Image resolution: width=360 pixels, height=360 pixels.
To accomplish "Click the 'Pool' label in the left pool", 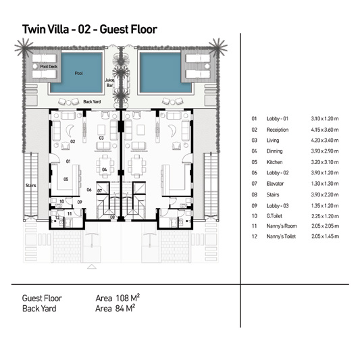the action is (x=78, y=73).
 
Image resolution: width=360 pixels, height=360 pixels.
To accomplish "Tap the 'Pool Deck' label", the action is (x=49, y=67).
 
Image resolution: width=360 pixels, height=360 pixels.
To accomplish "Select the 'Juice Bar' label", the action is (x=109, y=82).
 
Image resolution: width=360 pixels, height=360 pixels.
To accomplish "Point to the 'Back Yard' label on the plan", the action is (x=92, y=101).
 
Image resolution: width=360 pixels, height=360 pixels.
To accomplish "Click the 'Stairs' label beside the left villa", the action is (x=31, y=185).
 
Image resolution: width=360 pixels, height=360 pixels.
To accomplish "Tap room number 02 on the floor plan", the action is (x=72, y=141).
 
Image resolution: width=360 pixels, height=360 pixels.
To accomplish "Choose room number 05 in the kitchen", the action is (x=66, y=179).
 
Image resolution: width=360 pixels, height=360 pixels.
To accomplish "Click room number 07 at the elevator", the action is (x=100, y=190).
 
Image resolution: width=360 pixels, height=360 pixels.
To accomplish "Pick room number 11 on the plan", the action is (x=70, y=213).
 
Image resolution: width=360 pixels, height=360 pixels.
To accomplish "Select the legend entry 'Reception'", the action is (x=278, y=130).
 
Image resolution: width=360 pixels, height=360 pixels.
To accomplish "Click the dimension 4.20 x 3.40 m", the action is (x=325, y=140).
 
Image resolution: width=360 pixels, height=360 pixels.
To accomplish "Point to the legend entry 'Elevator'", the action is (x=275, y=184).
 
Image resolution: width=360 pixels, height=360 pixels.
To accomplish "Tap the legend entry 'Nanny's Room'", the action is (x=282, y=226).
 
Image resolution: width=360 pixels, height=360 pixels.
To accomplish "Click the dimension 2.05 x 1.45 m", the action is (x=325, y=236).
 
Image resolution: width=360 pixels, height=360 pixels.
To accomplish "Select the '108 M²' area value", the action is (x=128, y=298).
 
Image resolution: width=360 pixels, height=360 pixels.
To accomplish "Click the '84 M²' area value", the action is (x=125, y=308).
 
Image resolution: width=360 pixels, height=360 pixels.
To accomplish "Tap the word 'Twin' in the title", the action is (x=32, y=30).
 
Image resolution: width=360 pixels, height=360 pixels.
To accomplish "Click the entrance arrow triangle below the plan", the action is (x=92, y=266).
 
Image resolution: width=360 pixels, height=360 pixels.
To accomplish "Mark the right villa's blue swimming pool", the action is (x=165, y=73).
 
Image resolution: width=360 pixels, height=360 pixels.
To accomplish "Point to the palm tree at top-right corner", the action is (x=217, y=48).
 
